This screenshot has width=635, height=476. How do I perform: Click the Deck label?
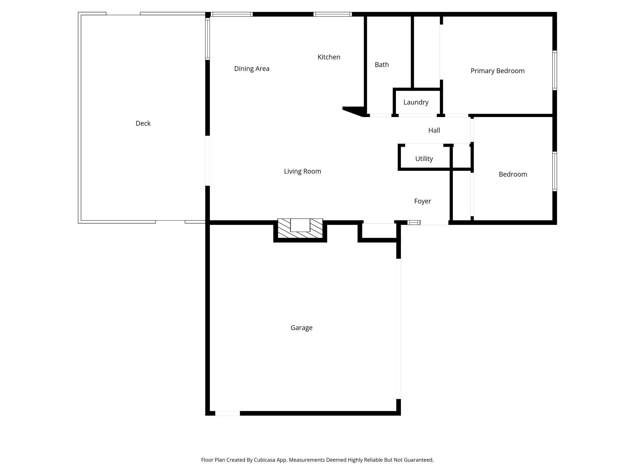pos(143,123)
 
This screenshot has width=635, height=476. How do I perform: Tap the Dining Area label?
pos(252,69)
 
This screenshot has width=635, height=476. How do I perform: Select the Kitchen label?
pos(329,57)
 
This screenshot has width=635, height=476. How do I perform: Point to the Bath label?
pos(382,65)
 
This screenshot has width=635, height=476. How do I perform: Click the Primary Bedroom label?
pos(497,71)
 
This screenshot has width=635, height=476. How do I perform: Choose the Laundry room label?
pos(416,102)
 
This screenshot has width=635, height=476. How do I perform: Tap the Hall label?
pos(434,130)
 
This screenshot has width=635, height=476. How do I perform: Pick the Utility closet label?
pos(424,159)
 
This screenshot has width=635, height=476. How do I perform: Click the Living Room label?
pos(302,171)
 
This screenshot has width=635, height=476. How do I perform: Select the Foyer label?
pos(423,201)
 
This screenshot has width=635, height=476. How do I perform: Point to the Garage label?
pos(301,328)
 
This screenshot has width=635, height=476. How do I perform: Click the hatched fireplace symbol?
pos(300,228)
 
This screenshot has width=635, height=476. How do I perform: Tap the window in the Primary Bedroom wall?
pos(554,70)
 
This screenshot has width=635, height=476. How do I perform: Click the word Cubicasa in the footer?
pos(264,460)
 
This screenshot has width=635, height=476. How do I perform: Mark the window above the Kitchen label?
pos(332,14)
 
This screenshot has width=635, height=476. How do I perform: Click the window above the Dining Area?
pos(232,14)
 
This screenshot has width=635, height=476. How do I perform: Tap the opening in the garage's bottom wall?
pos(227,413)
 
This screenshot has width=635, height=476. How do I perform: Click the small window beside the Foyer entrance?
pos(414,223)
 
